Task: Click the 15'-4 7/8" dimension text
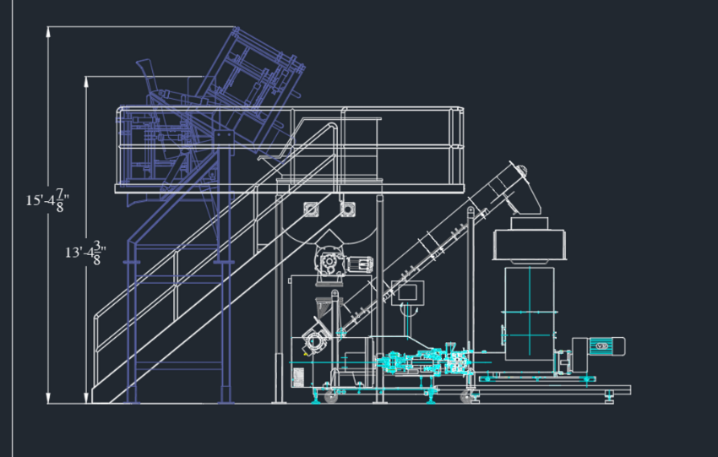[x=47, y=200]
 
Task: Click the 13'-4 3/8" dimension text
[x=85, y=253]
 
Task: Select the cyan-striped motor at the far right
[x=606, y=346]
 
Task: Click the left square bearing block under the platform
[x=311, y=209]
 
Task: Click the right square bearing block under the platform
[x=348, y=209]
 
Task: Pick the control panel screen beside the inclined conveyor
[x=407, y=291]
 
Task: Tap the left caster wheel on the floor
[x=330, y=396]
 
